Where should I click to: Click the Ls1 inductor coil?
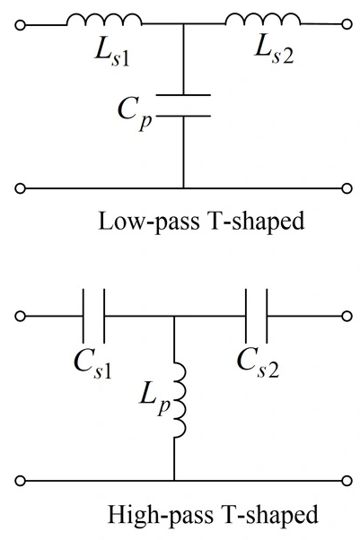[x=104, y=16]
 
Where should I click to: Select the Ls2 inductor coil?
[x=263, y=16]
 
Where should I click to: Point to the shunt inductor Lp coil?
[x=182, y=399]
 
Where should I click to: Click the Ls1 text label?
[x=112, y=55]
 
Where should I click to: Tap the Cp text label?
[x=135, y=113]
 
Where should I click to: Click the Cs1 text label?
[x=93, y=366]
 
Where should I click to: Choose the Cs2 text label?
[x=258, y=365]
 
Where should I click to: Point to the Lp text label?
[x=155, y=399]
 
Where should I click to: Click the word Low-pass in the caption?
[x=149, y=221]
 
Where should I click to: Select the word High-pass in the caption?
[x=161, y=514]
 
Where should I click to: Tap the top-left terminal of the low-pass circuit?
[x=21, y=25]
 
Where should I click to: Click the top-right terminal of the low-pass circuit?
[x=347, y=24]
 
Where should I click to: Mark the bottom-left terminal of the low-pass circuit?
[x=21, y=188]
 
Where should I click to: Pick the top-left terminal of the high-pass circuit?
[x=21, y=316]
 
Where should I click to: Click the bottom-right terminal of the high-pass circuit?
[x=347, y=481]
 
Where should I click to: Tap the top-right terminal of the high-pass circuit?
[x=347, y=316]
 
